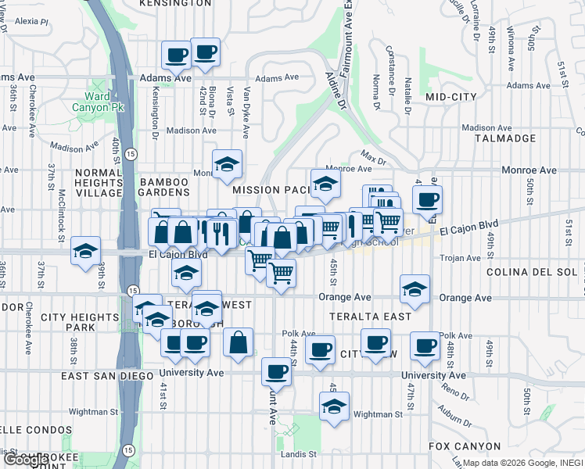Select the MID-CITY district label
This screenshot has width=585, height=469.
(451, 97)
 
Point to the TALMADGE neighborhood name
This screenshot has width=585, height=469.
(505, 138)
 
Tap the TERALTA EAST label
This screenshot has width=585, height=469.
(370, 317)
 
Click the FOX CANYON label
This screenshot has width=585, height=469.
(465, 446)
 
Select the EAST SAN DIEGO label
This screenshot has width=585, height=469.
(109, 376)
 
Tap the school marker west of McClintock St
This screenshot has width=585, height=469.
(85, 251)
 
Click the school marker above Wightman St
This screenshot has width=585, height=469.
(334, 406)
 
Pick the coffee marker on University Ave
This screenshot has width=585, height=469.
(276, 371)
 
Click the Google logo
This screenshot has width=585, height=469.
(25, 460)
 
